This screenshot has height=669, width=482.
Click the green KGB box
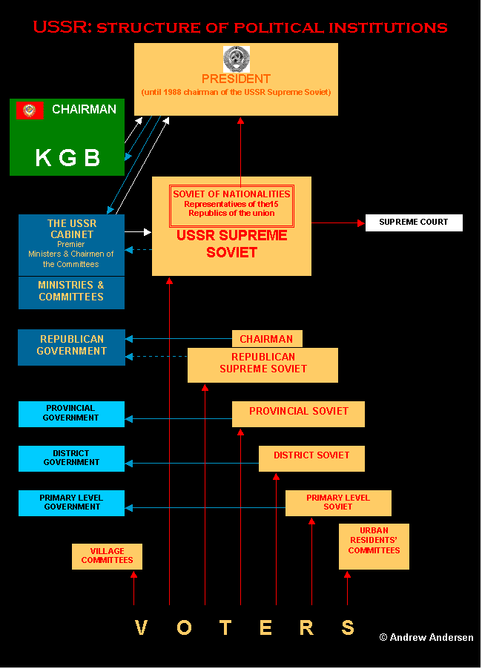67,137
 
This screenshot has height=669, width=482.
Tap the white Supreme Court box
414,223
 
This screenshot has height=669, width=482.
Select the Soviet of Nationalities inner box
231,205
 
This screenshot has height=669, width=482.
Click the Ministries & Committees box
71,293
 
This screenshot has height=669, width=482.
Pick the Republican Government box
71,347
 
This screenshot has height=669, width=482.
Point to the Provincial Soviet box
298,414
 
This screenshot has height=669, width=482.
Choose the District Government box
71,458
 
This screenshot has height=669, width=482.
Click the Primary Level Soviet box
338,503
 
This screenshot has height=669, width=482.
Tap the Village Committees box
107,556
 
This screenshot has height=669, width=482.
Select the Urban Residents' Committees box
374,547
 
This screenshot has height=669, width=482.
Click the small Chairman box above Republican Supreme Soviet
267,339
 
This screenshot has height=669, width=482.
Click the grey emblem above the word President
237,59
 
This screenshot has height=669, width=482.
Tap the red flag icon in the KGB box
30,111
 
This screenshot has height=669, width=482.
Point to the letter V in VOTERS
141,627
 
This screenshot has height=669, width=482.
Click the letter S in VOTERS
348,627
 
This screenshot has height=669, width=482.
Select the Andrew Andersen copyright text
426,637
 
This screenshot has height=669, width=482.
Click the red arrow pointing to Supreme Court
338,223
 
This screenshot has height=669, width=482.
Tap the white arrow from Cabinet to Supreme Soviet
138,232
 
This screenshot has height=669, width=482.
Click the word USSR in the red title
62,27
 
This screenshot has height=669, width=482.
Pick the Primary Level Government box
71,503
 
